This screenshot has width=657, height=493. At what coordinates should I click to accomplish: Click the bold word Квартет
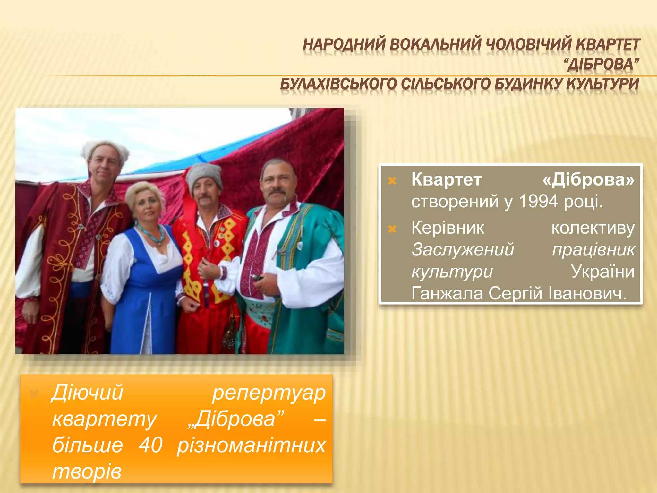pyautogui.click(x=447, y=179)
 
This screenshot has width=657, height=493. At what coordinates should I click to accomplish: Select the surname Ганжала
pyautogui.click(x=447, y=293)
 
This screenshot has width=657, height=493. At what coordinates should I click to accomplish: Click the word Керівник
pyautogui.click(x=448, y=228)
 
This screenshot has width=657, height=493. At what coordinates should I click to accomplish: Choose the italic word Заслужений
pyautogui.click(x=463, y=250)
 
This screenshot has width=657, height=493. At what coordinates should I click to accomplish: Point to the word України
pyautogui.click(x=602, y=272)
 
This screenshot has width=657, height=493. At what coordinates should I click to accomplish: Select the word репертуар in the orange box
pyautogui.click(x=269, y=393)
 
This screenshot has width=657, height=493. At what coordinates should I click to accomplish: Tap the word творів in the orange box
pyautogui.click(x=87, y=471)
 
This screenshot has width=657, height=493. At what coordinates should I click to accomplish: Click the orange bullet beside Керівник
pyautogui.click(x=392, y=229)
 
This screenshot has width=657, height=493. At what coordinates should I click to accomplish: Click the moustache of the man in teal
pyautogui.click(x=277, y=191)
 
